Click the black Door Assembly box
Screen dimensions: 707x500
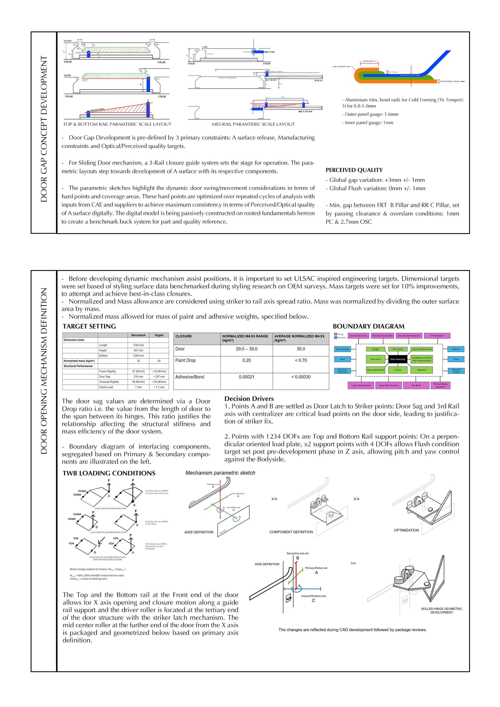click(x=398, y=359)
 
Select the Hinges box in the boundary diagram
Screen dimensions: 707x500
click(x=376, y=349)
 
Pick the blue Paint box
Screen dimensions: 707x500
click(x=342, y=359)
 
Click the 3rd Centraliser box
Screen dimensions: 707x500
click(x=437, y=336)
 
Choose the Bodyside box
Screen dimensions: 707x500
click(x=456, y=349)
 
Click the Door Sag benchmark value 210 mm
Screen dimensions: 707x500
click(x=138, y=377)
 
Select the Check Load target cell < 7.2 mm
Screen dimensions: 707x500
click(x=159, y=387)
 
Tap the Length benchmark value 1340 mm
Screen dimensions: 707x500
click(x=138, y=345)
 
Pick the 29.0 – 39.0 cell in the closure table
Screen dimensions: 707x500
click(x=246, y=349)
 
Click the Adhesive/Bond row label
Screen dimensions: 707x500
click(x=190, y=377)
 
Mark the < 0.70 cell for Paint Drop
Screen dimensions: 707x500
click(x=301, y=360)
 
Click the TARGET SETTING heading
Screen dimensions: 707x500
click(x=89, y=326)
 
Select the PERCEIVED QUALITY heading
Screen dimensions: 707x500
click(x=354, y=170)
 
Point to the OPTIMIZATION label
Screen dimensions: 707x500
click(x=406, y=530)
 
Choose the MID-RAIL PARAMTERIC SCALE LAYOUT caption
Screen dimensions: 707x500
click(x=253, y=124)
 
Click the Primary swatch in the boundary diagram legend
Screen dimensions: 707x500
click(x=335, y=334)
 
